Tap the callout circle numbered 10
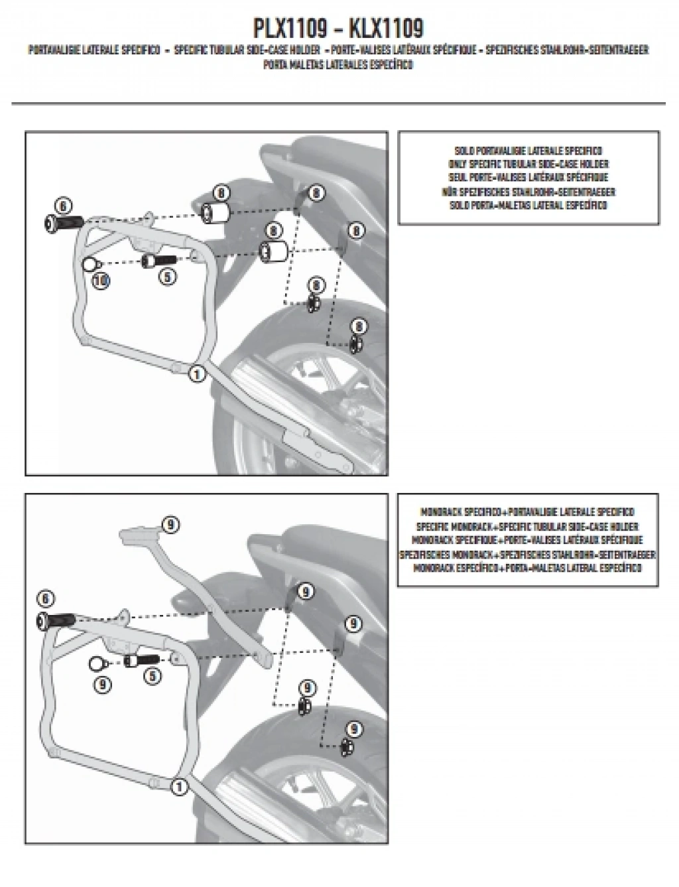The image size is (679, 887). coord(101,281)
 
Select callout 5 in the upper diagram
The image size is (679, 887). coord(168,277)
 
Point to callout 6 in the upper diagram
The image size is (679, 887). coord(62,206)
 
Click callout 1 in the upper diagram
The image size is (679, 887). coord(196,374)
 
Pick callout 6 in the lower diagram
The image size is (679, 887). coord(45,600)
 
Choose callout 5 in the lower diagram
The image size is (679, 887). coord(151,676)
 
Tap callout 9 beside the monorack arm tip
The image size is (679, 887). coord(170,525)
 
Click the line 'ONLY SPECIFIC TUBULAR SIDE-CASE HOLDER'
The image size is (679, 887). coord(528,164)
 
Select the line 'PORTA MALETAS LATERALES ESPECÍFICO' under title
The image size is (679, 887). coord(338,65)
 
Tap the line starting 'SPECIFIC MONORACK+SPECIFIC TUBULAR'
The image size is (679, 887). coord(528,525)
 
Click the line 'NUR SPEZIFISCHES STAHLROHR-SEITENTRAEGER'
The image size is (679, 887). coord(528,192)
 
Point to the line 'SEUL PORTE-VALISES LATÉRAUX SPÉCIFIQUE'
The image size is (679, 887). coord(528,178)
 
